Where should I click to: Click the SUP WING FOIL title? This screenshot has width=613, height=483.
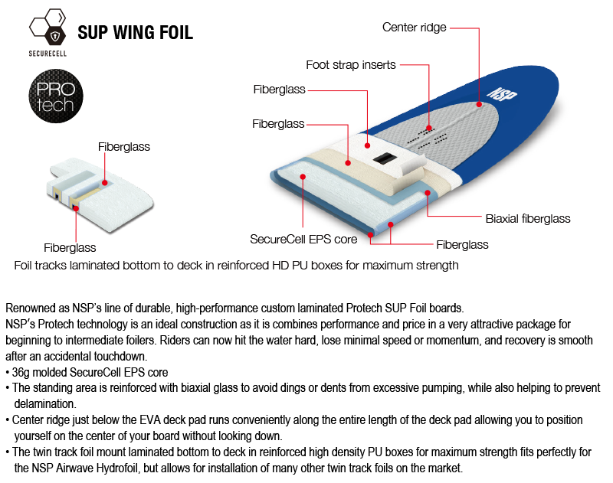point(135,33)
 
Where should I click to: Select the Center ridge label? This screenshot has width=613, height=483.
point(414,28)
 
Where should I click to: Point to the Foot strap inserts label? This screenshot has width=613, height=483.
point(351,65)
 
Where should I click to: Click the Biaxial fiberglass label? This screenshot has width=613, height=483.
point(528,219)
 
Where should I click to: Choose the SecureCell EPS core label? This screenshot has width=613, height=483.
point(303,239)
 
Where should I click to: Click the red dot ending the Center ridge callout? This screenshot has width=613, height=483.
point(480,103)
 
